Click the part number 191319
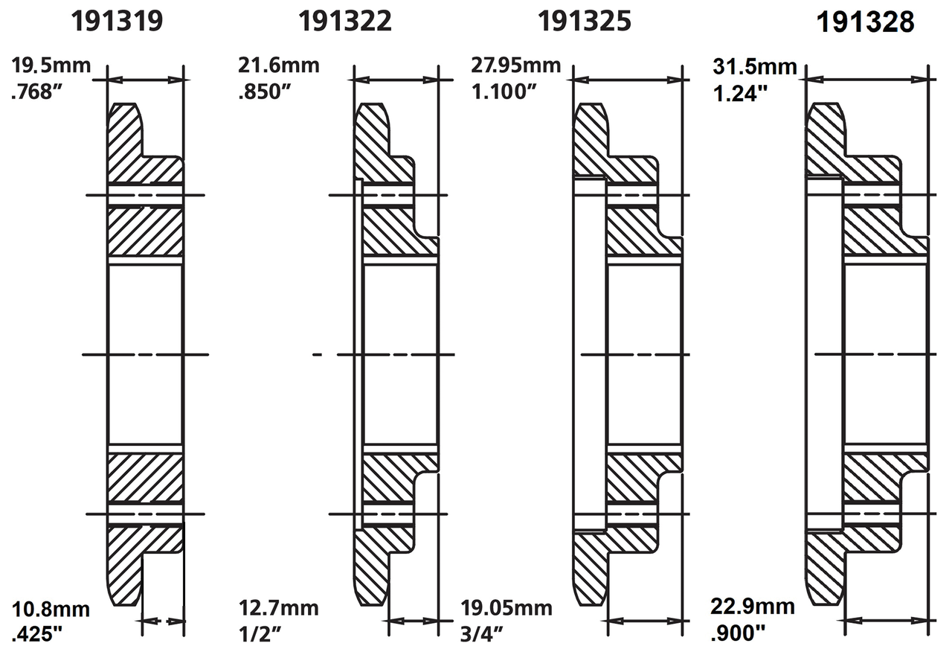point(117,21)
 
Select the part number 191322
point(344,21)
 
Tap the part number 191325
point(585,21)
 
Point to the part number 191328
point(865,22)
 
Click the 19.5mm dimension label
point(51,65)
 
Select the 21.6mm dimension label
point(279,65)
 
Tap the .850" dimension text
point(264,92)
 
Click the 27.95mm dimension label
point(515,65)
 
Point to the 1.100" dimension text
point(504,92)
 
